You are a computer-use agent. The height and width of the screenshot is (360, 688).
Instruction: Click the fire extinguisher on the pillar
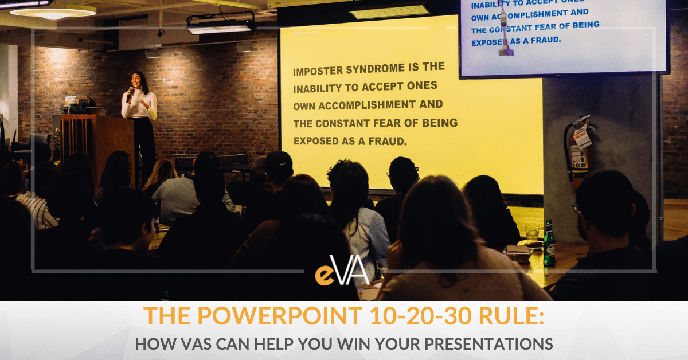click(x=576, y=147)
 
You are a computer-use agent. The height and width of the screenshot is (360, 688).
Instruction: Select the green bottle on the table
click(x=549, y=243)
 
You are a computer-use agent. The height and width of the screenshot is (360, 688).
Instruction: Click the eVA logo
click(x=342, y=274)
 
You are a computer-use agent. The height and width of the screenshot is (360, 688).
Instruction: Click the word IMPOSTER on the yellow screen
click(x=320, y=72)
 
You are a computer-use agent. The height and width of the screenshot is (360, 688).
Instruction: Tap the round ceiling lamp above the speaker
click(x=53, y=11)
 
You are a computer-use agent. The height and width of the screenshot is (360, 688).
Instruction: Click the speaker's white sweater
click(x=140, y=107)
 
